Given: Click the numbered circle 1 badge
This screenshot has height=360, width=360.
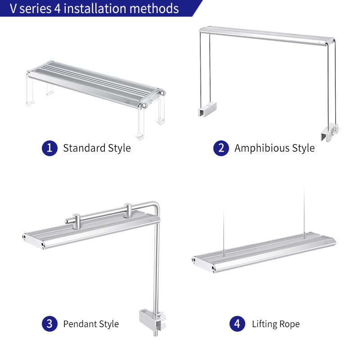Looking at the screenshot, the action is pos(49,148).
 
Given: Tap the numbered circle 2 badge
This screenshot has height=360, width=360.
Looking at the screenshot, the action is pos(221,148).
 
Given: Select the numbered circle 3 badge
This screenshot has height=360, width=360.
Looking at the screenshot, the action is pos(49,324).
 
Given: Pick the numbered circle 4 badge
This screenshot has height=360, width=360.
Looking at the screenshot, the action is pos(238,324).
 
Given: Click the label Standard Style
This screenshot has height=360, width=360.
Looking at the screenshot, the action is pos(97,148).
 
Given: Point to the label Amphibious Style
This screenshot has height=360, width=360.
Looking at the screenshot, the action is pos(274,148).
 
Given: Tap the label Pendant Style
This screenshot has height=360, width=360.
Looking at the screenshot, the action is pos(91,324).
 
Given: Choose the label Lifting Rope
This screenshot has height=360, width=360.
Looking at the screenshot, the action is pos(276,324).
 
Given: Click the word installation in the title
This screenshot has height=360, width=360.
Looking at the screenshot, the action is pos(95,9).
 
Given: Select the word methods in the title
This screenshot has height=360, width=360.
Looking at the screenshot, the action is pos(154,9).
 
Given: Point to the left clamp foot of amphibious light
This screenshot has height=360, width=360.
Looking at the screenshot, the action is pos(207,109).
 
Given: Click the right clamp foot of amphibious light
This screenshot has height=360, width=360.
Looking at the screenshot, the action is pos(330,132).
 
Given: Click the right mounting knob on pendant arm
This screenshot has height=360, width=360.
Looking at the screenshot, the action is pos(128,210).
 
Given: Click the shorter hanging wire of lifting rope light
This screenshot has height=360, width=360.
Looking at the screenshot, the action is pos(224,231).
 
